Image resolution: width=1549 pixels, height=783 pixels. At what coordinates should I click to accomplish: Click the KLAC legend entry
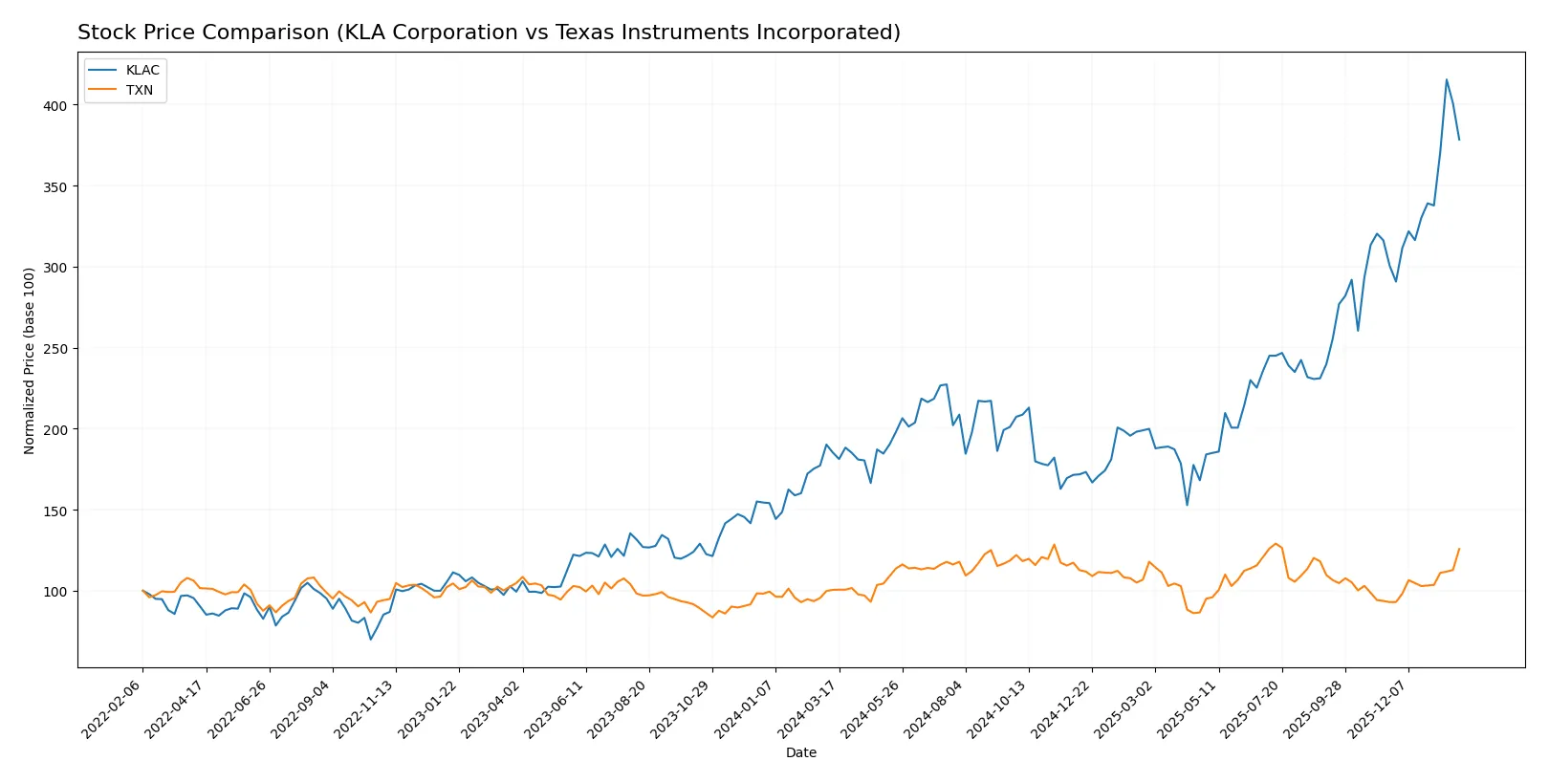point(142,70)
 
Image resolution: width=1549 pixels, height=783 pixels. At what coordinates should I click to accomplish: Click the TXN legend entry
point(139,90)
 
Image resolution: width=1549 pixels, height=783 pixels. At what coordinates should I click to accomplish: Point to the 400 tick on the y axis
point(55,105)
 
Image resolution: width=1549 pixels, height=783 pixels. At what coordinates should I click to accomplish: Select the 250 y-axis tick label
point(55,349)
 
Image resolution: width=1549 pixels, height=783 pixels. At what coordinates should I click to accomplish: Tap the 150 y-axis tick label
point(55,511)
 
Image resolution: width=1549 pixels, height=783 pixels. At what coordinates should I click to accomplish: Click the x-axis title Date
point(800,752)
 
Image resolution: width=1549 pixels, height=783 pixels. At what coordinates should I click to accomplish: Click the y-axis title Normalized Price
point(30,360)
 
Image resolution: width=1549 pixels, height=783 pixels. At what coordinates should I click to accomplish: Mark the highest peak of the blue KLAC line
point(1447,79)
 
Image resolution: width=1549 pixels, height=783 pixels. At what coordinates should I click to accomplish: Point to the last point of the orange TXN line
point(1459,549)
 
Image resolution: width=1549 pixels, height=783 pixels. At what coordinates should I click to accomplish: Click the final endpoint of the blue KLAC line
point(1459,140)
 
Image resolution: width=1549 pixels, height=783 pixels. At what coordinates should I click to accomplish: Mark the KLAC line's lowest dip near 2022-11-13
point(371,639)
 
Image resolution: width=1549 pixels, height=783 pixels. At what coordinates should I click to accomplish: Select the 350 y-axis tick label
point(55,186)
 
